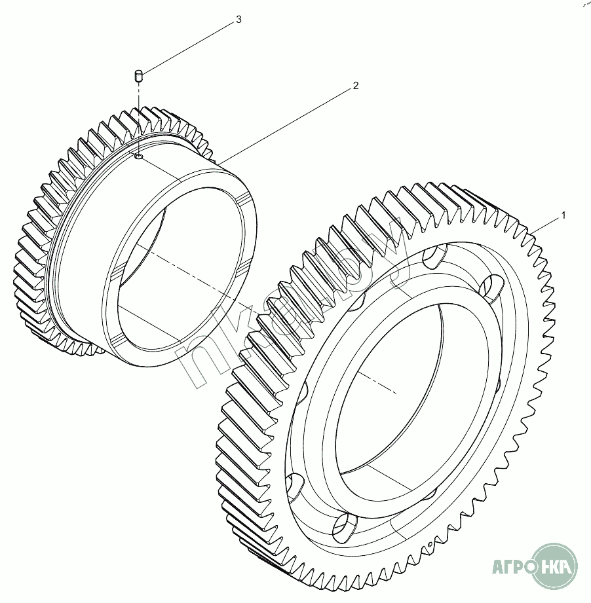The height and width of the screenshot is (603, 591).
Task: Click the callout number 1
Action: pos(562,215)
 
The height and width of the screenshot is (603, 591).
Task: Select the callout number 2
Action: pos(356,86)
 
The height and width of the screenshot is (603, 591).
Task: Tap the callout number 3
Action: pos(238,20)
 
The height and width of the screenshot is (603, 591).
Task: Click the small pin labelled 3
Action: pos(139,76)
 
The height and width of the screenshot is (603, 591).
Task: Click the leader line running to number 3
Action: pos(190,46)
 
